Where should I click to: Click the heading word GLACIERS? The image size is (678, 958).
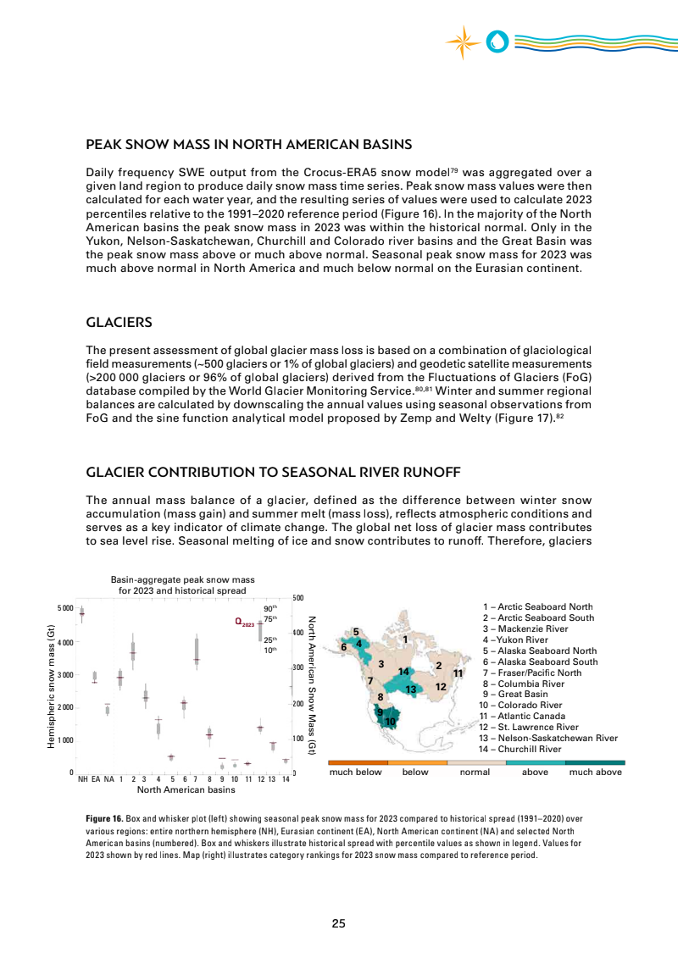[x=119, y=323]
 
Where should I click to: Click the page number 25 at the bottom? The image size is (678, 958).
[x=338, y=923]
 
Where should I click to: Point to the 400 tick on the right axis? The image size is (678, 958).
[x=298, y=633]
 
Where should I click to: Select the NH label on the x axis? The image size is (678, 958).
[x=82, y=778]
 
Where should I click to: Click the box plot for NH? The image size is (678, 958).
[x=82, y=614]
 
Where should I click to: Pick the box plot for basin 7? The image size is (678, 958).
[x=197, y=652]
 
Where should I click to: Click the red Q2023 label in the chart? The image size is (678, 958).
[x=244, y=623]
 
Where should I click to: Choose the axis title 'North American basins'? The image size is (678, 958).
[x=186, y=790]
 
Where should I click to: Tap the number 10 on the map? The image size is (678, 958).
[x=391, y=722]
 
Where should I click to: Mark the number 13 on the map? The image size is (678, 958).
[x=410, y=689]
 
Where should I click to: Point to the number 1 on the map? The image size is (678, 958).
[x=406, y=639]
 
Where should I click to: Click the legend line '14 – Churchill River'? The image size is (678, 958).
[x=531, y=749]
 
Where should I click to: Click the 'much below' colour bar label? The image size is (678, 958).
[x=355, y=772]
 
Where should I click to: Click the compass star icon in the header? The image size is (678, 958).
[x=463, y=42]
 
